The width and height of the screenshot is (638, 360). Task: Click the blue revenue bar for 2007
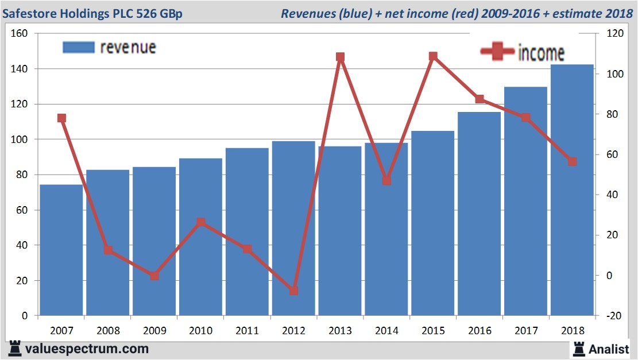click(x=61, y=250)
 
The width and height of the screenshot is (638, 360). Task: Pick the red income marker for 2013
click(x=340, y=57)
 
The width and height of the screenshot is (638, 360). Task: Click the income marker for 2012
click(x=293, y=291)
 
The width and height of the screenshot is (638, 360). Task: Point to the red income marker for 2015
click(x=433, y=56)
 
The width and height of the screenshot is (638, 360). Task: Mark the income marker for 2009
click(x=154, y=276)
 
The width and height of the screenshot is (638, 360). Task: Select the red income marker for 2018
click(x=572, y=161)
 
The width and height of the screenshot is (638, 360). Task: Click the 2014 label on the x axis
click(x=386, y=331)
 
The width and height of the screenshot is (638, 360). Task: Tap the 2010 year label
click(x=200, y=331)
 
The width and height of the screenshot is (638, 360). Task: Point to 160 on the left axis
click(x=20, y=33)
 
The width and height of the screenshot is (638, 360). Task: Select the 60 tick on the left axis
click(x=22, y=210)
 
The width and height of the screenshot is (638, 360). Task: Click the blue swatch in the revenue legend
click(x=78, y=47)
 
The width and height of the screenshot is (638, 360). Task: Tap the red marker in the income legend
click(x=497, y=52)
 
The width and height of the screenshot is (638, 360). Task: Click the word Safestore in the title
click(x=29, y=13)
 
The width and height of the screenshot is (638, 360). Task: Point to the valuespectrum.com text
click(x=87, y=349)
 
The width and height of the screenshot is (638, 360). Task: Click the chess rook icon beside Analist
click(x=578, y=348)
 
